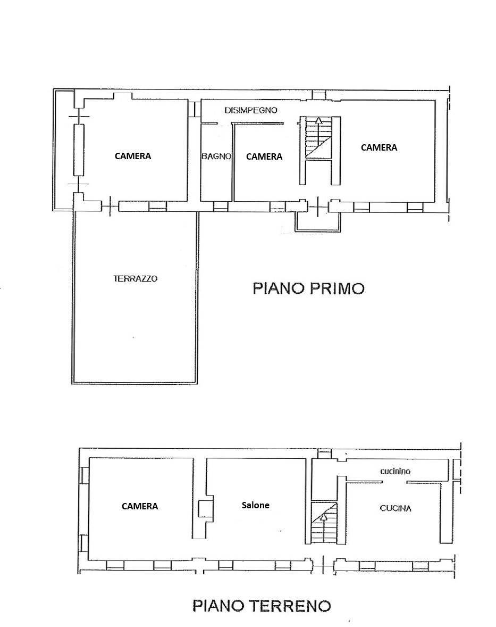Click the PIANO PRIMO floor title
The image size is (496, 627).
coord(308,288)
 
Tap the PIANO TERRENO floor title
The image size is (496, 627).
coord(261,605)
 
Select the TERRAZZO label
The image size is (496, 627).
coord(136,278)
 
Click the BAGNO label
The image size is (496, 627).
coord(216,156)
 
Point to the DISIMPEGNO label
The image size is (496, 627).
coord(251,111)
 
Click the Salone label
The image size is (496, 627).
coord(255,505)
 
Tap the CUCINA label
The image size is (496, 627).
coord(396,508)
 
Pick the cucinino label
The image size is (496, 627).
coord(395,471)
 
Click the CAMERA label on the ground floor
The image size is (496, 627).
coord(140,506)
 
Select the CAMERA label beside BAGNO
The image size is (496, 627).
coord(264,156)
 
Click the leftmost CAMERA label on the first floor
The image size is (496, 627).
coord(133,156)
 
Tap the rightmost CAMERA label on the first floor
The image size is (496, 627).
coord(379,147)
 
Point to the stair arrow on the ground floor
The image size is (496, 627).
coord(323,515)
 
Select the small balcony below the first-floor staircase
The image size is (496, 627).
coord(318,221)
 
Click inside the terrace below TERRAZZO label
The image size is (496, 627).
coord(136,330)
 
